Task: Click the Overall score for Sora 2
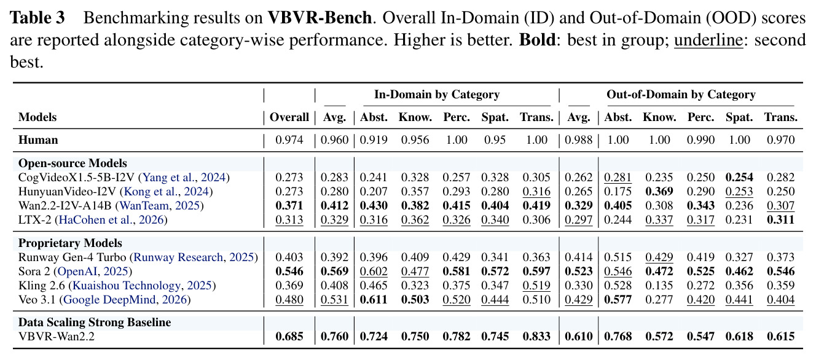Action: [289, 272]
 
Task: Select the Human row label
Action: [38, 140]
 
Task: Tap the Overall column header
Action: [289, 117]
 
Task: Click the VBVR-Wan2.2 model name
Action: [57, 336]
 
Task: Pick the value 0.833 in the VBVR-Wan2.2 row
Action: [536, 336]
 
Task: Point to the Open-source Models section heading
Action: [73, 163]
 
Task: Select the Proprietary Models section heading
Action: [70, 243]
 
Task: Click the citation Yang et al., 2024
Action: [184, 178]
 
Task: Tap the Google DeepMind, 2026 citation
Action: [125, 300]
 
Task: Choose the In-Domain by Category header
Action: [437, 95]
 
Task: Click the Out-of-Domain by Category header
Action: [681, 95]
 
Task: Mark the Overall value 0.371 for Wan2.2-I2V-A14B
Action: [289, 206]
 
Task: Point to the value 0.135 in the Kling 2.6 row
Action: [659, 286]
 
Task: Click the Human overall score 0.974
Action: [289, 140]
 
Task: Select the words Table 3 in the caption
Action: [37, 17]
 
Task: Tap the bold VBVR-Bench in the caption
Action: [320, 17]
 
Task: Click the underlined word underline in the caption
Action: [708, 40]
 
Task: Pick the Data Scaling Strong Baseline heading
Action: [95, 323]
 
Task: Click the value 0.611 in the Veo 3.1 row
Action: [374, 300]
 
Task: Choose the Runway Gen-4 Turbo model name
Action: [72, 257]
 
